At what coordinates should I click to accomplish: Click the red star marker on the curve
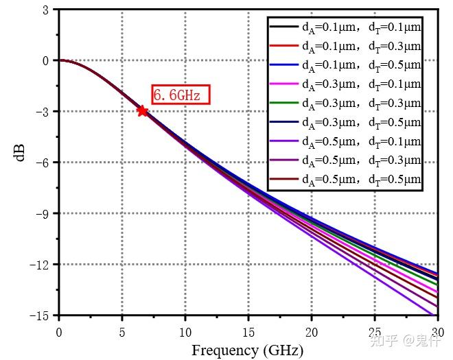pos(142,110)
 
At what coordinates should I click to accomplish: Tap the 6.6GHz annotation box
pos(179,95)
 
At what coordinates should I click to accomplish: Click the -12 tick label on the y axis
pos(40,265)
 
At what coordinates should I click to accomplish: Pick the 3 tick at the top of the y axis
pos(46,10)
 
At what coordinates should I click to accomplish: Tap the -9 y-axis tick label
pos(43,214)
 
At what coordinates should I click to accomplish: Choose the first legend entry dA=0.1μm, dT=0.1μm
pos(361,27)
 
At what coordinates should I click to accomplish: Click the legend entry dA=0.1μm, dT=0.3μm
pos(361,47)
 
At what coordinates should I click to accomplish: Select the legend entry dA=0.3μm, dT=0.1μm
pos(361,85)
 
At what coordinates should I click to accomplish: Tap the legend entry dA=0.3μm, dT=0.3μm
pos(361,104)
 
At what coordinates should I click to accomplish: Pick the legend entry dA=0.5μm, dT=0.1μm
pos(361,143)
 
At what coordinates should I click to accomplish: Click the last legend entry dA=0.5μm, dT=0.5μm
pos(361,181)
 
